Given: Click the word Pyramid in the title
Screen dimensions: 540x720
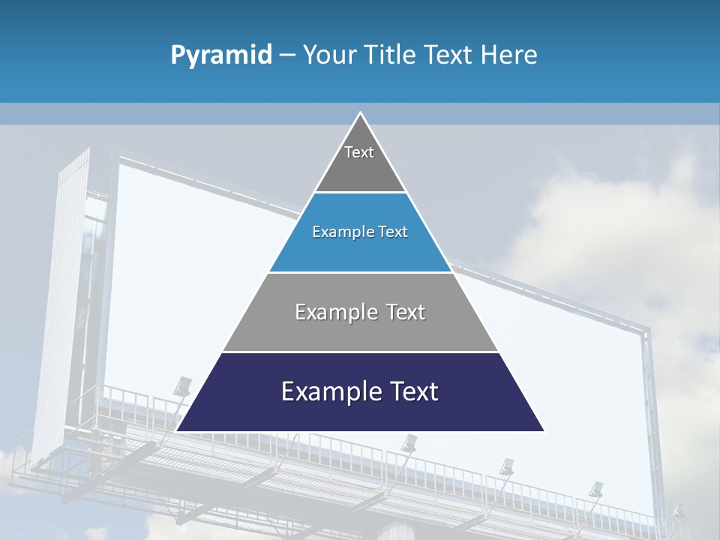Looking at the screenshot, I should click(x=221, y=55).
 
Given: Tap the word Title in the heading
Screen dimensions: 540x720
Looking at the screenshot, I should click(x=389, y=55).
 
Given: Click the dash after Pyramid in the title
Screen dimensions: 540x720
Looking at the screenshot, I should click(x=287, y=55).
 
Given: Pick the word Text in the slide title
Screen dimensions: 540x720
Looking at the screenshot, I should click(x=448, y=55).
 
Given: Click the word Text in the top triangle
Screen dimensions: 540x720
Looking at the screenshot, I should click(x=359, y=152).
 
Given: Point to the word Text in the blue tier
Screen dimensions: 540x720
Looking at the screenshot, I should click(x=394, y=232).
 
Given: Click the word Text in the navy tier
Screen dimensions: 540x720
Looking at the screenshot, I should click(x=411, y=391).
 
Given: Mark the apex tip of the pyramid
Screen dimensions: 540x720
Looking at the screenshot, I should click(x=360, y=113).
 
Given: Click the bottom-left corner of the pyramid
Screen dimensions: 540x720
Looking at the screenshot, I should click(x=177, y=430).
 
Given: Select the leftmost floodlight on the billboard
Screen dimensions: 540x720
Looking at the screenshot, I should click(x=182, y=387).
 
